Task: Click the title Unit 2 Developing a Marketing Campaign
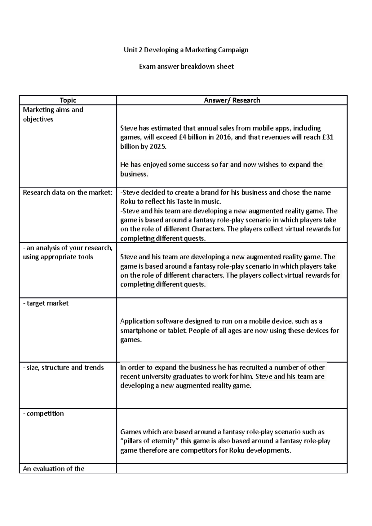[186, 50]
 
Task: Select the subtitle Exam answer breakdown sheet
[186, 67]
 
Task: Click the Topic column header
[68, 100]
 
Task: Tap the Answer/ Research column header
[232, 100]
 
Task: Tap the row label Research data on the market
[68, 193]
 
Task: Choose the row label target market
[46, 303]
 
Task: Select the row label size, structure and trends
[64, 368]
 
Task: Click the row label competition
[43, 414]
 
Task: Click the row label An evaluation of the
[54, 469]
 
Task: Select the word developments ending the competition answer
[266, 450]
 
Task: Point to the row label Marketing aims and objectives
[53, 114]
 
